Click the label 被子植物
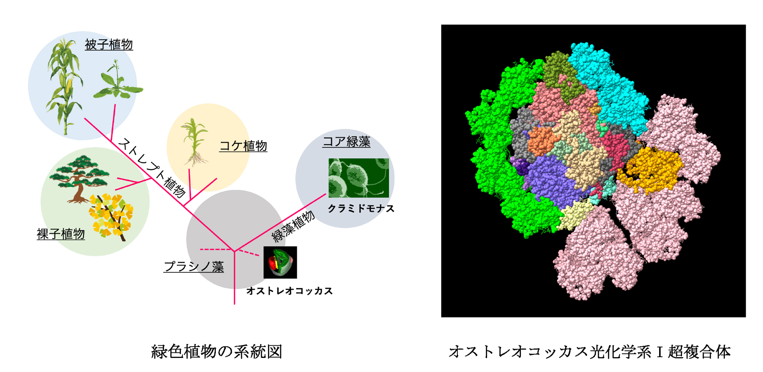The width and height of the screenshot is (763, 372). [x=109, y=45]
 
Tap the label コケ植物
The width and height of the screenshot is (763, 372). [x=243, y=146]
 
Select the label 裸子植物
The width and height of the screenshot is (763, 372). [x=61, y=234]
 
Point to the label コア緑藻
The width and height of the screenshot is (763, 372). [x=346, y=142]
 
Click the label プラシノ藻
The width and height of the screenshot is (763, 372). [x=194, y=266]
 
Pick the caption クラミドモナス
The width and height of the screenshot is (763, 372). [x=361, y=209]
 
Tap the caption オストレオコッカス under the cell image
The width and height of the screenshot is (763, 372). [x=290, y=291]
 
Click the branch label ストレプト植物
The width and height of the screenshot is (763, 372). [x=152, y=168]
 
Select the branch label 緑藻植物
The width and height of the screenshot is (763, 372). [x=293, y=227]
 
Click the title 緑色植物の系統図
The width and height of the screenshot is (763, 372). [x=217, y=352]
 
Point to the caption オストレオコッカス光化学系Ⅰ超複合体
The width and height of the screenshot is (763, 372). [x=590, y=352]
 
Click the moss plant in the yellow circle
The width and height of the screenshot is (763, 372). [x=194, y=142]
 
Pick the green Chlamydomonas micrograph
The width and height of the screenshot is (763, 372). [x=359, y=178]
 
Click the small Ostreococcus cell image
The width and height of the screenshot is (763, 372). [x=280, y=263]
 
